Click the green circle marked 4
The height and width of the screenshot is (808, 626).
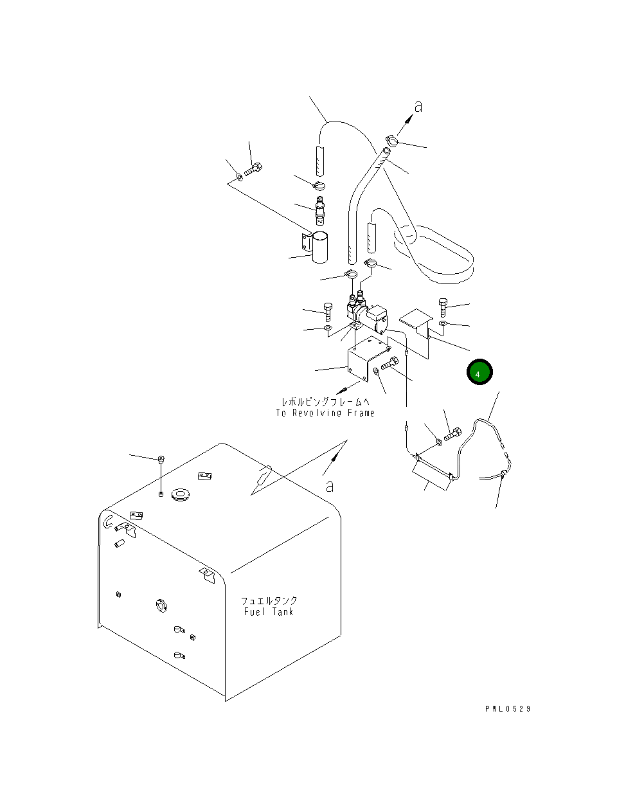[479, 373]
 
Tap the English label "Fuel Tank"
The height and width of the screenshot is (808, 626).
[269, 612]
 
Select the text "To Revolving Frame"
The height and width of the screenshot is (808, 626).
[325, 413]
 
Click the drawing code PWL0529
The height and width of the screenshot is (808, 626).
[508, 709]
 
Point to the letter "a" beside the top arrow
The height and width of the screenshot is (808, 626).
[418, 107]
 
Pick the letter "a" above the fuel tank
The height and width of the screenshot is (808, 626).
[330, 486]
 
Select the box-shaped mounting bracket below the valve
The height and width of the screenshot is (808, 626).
[363, 364]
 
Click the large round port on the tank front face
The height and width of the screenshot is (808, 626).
[160, 605]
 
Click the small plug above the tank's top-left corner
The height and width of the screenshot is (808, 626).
[161, 459]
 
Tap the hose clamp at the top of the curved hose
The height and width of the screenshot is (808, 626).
[391, 139]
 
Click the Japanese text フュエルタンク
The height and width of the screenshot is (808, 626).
[269, 600]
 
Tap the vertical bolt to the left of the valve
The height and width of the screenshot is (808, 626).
[328, 312]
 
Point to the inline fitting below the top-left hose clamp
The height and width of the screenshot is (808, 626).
[319, 210]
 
